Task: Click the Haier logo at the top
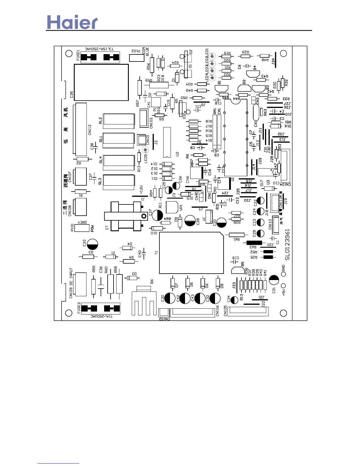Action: (72, 22)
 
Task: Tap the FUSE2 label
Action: (79, 308)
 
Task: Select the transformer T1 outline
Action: (191, 253)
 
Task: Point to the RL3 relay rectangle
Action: (119, 180)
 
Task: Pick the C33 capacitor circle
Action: (93, 244)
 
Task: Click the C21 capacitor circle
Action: (274, 280)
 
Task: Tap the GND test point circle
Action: (284, 274)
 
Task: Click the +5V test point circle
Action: (284, 286)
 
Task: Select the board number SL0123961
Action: (287, 244)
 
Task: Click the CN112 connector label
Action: (90, 129)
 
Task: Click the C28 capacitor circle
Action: (190, 221)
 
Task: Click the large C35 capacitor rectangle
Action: (101, 82)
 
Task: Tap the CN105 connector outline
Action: (248, 311)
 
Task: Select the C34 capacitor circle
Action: (234, 300)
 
